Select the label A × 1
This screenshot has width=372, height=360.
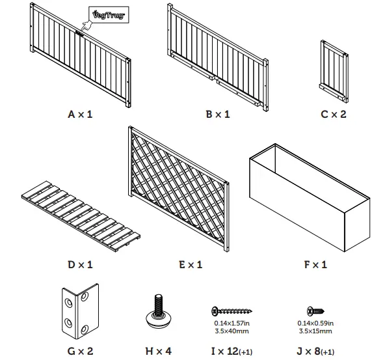(81, 115)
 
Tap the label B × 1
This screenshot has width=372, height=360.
(218, 115)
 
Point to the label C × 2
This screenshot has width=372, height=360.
(334, 115)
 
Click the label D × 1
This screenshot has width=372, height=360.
(80, 265)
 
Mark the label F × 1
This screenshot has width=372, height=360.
(316, 265)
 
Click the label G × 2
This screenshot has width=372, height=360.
(81, 351)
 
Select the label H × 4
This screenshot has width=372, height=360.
(158, 351)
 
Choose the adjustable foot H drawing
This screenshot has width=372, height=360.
(157, 312)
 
